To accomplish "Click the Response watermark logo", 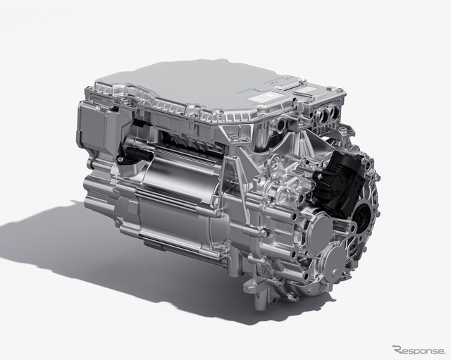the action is click(419, 349).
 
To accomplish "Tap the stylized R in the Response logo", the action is click(397, 349).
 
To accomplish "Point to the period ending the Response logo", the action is click(444, 353).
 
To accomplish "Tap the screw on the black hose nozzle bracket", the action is click(120, 158).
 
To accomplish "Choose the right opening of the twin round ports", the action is click(334, 111).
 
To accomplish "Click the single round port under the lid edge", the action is click(281, 125).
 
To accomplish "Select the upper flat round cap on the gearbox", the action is click(319, 231).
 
